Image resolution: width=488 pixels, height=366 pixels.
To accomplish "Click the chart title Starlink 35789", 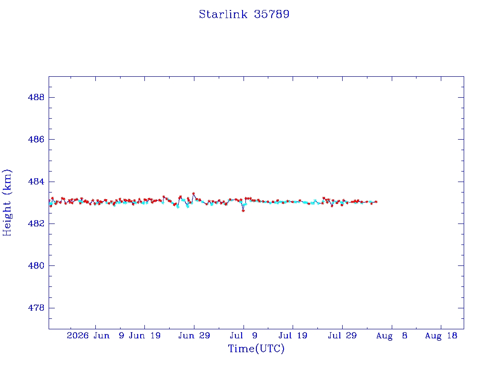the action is pos(244,14).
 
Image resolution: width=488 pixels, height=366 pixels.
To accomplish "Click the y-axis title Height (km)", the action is pos(7,203).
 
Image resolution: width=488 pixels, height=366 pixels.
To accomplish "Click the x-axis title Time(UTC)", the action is pos(256,348).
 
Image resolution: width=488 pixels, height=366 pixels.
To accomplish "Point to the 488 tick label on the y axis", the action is pos(36,97).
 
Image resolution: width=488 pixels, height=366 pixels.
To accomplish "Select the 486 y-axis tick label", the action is pos(36,140).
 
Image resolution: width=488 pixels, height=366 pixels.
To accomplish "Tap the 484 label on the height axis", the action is pos(36,182).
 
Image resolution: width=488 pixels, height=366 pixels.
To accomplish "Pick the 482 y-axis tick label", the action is pos(36,224).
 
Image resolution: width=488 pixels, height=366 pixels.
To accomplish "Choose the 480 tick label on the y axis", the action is pos(36,266).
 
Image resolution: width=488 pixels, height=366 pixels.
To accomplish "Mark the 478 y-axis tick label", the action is pos(36,308).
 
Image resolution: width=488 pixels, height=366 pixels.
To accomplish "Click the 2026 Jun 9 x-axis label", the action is pos(95,335).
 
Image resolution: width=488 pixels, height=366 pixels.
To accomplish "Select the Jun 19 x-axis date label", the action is pos(145,335).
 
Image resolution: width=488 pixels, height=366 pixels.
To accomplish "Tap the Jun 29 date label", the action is pos(194,335).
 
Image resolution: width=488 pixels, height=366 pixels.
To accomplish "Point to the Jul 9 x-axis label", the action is pos(244,335).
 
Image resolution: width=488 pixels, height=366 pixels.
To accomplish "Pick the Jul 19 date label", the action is pos(293,335).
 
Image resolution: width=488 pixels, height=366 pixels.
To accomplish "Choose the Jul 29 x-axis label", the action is pos(342,335).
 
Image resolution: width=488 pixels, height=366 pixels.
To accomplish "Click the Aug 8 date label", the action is pos(392,335).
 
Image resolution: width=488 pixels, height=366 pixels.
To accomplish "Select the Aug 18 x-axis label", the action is pos(441,335).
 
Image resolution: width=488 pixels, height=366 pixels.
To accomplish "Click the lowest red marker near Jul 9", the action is pos(244,211).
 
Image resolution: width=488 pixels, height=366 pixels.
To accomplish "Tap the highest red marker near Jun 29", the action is pos(193,193).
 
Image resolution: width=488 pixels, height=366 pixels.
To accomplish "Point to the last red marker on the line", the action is pos(376,202).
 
